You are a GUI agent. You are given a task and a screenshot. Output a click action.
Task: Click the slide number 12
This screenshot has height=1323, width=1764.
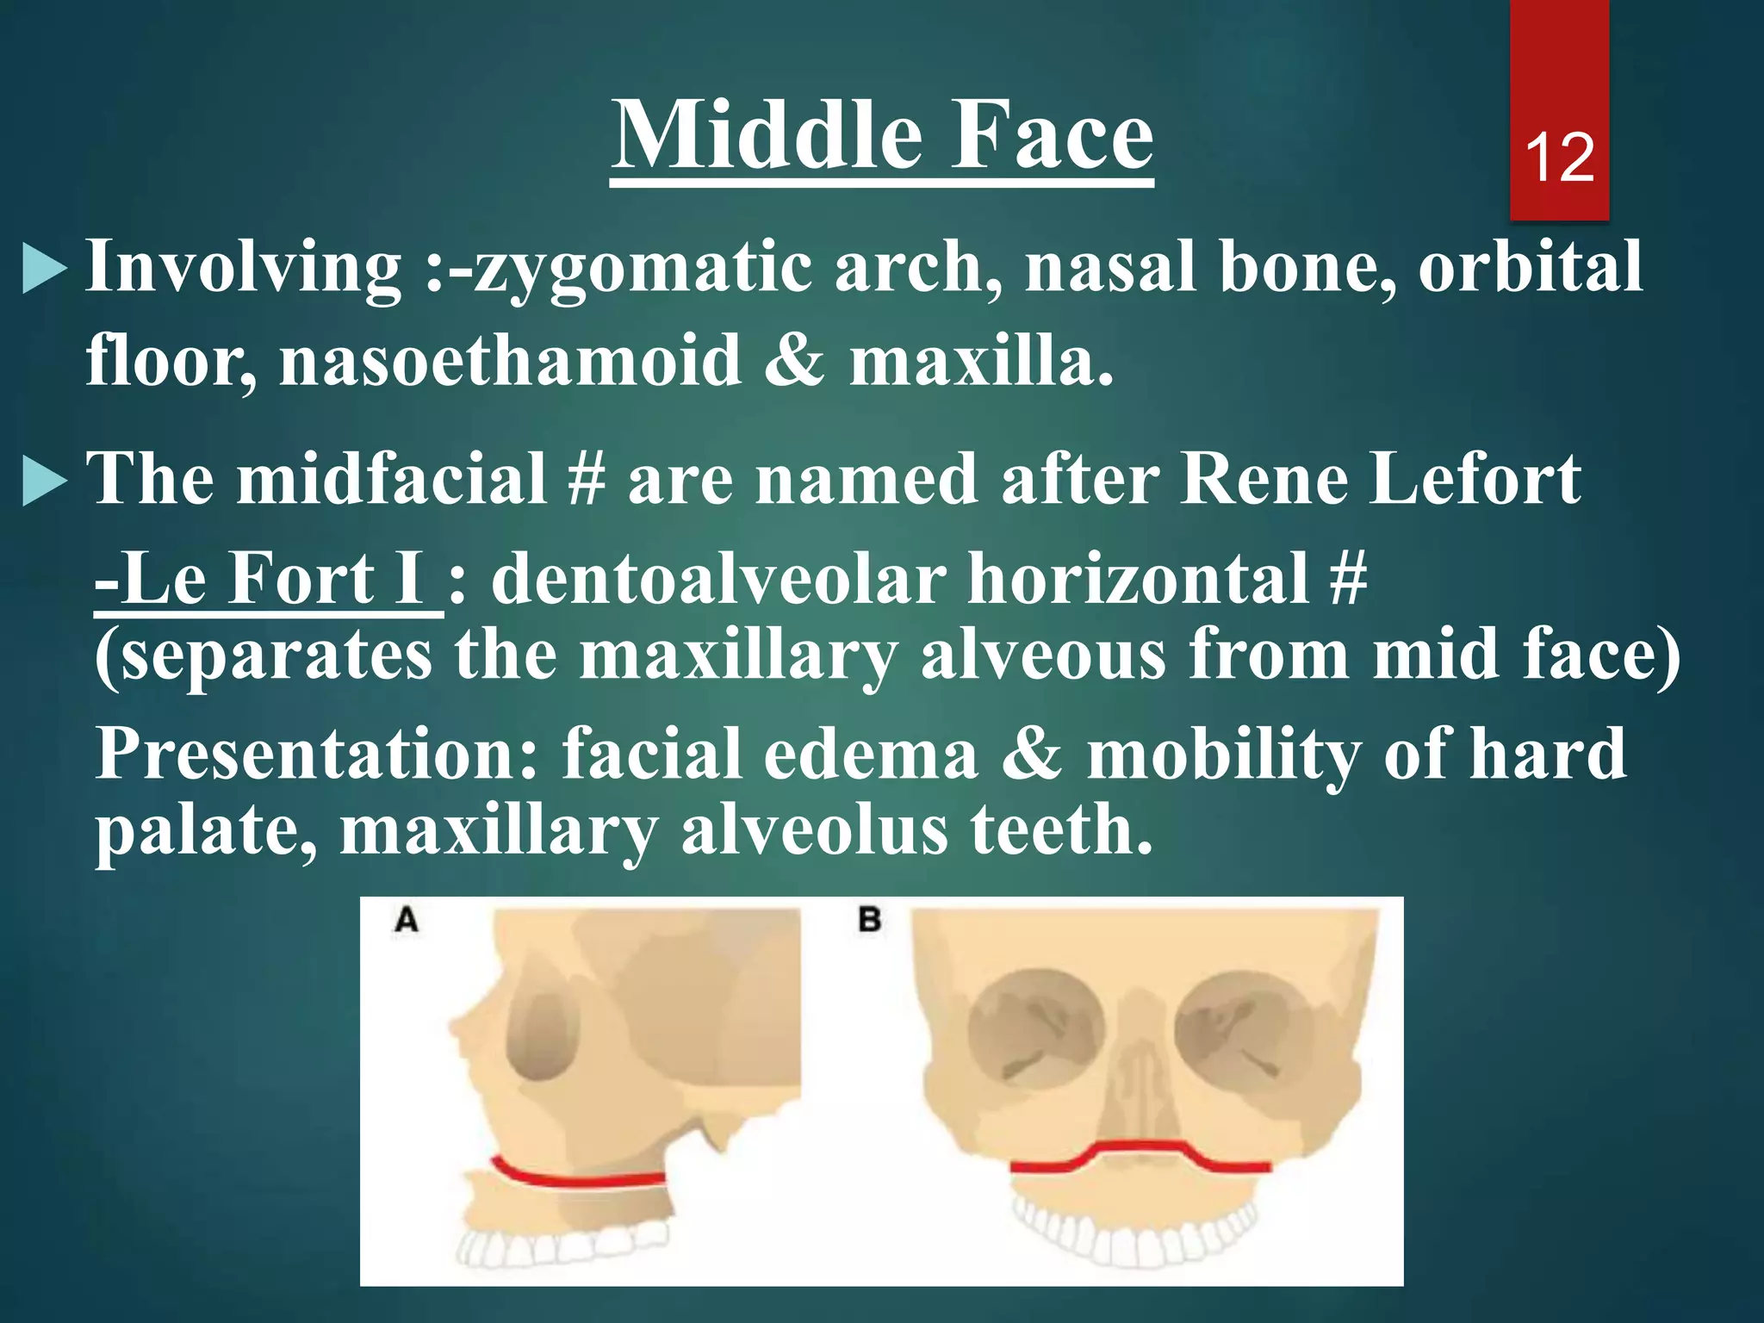point(1559,158)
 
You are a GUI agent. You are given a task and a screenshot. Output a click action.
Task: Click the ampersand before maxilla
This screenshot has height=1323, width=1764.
point(793,360)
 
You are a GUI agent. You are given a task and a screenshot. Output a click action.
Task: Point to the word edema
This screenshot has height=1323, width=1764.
point(870,755)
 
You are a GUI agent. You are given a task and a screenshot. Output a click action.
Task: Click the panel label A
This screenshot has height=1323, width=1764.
point(407,920)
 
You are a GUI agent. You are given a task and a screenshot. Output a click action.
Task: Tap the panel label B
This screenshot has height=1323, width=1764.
point(870,920)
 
